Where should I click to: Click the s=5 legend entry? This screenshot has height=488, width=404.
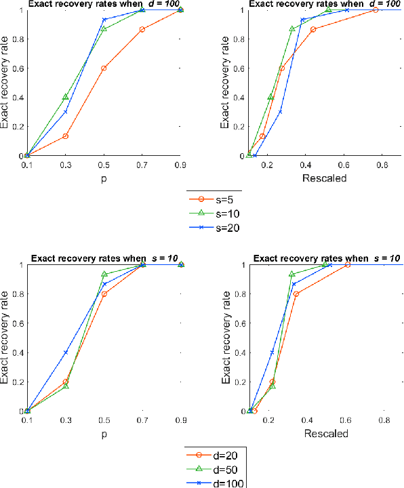(x=213, y=200)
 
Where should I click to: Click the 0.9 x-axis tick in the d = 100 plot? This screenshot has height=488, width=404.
(x=181, y=165)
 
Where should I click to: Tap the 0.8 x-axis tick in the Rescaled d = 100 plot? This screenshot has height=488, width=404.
(x=382, y=165)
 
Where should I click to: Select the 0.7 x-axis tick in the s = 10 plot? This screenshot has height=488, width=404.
(x=142, y=420)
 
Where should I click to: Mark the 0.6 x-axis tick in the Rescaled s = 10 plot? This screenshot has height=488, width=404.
(x=347, y=420)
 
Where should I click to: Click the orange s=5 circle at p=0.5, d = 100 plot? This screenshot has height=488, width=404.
(x=104, y=68)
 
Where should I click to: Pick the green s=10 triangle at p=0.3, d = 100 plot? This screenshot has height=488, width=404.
(x=66, y=97)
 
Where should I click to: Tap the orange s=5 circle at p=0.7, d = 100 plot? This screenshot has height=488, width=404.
(x=142, y=30)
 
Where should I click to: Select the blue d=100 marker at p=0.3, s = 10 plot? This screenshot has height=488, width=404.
(x=66, y=352)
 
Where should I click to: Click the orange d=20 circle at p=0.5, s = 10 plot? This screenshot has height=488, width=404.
(x=104, y=294)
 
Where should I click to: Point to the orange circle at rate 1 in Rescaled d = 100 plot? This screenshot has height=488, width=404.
(x=375, y=10)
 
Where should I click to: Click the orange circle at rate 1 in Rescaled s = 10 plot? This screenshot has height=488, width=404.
(x=348, y=265)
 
